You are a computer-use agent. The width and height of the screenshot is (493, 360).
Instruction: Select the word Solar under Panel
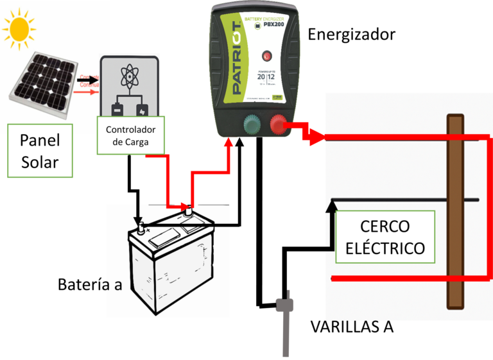(x=40, y=162)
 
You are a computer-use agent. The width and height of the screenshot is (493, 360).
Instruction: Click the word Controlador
(x=130, y=130)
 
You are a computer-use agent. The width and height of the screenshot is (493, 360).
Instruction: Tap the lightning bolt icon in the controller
(x=143, y=108)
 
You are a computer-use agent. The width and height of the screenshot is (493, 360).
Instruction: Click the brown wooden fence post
(x=455, y=212)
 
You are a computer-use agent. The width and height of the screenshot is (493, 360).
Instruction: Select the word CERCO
(x=385, y=227)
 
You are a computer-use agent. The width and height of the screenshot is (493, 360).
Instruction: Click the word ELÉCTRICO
(x=385, y=248)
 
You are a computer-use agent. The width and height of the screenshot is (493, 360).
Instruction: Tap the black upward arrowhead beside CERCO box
(x=332, y=205)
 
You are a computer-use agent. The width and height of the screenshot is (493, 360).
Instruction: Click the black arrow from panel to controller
(x=89, y=80)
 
